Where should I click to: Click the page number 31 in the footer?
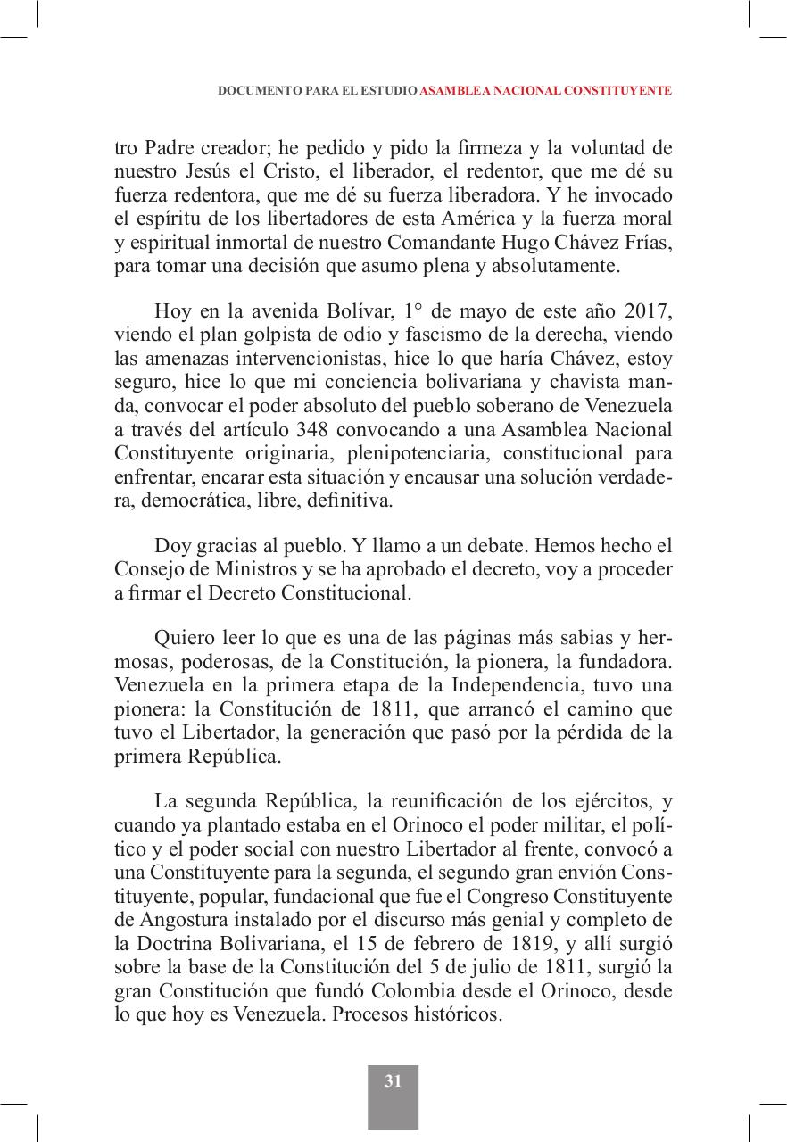(393, 1081)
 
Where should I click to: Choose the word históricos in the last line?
(453, 1014)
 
